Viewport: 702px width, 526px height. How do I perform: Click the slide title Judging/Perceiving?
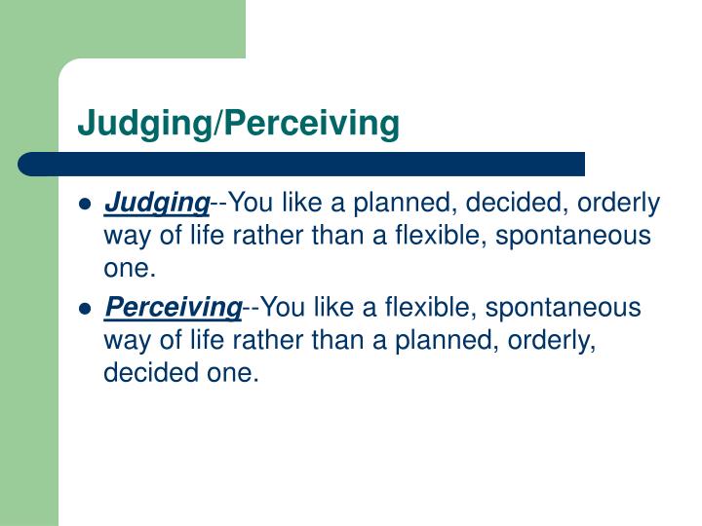[239, 124]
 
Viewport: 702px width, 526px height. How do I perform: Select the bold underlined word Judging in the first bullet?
[156, 204]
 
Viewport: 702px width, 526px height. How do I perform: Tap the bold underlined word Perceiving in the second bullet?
[173, 309]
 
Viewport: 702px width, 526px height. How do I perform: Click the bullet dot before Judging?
[86, 206]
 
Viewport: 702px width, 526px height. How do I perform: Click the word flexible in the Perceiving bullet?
[438, 309]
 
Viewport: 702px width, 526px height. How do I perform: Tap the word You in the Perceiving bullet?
[283, 309]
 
